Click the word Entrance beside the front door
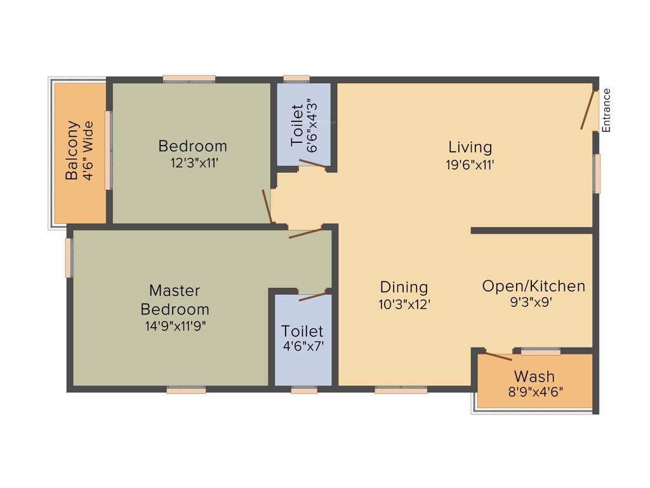point(606,110)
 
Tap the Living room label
point(470,147)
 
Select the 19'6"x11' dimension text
point(470,165)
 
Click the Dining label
point(404,287)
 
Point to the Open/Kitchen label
point(533,286)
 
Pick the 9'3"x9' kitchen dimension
point(533,302)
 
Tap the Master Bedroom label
point(175,300)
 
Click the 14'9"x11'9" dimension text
point(175,326)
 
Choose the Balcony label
point(73,151)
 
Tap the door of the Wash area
point(498,355)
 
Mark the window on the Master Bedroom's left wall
point(69,257)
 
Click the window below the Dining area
point(401,390)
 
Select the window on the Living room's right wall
point(596,173)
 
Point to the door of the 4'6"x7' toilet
point(312,296)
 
